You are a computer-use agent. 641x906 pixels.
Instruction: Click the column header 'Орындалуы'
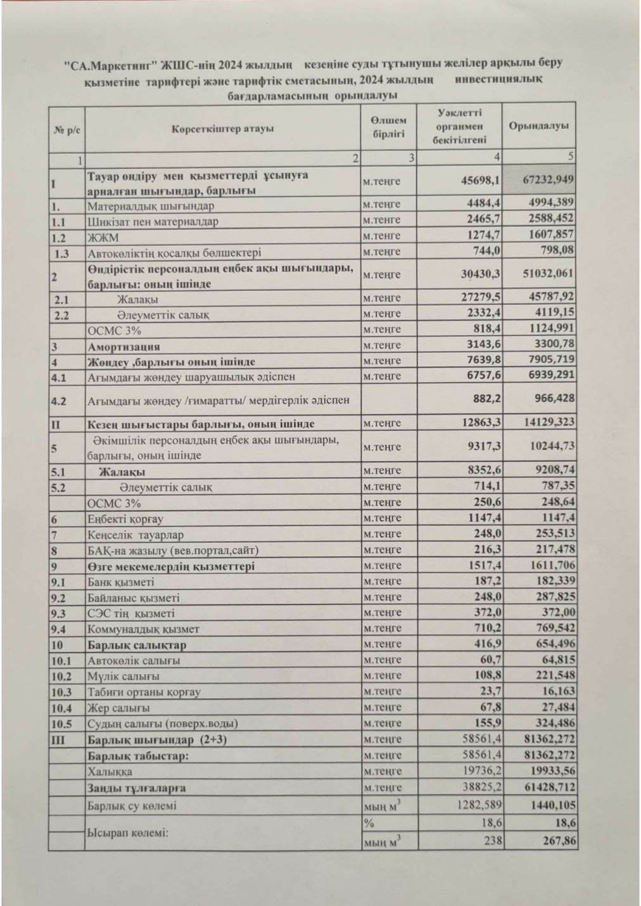[x=538, y=126]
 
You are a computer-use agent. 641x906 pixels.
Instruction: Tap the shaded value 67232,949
[x=549, y=180]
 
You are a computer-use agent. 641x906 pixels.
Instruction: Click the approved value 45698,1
[x=481, y=181]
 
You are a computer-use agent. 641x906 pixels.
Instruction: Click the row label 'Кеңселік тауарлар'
[x=125, y=535]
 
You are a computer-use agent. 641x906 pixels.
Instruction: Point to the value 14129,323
[x=549, y=424]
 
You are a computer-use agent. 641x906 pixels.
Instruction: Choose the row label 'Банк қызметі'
[x=120, y=582]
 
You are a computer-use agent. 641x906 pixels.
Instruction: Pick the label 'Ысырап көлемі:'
[x=127, y=832]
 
